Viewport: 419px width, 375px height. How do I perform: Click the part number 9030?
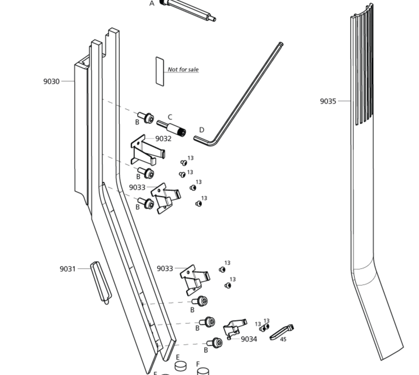click(52, 81)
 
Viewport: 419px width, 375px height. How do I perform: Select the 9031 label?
click(68, 269)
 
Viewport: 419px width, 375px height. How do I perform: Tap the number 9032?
click(163, 139)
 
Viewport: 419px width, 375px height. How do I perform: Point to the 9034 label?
click(249, 339)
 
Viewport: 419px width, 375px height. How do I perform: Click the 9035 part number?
click(328, 101)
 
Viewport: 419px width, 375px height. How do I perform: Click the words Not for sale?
click(183, 69)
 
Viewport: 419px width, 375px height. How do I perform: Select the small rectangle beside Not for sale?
click(160, 71)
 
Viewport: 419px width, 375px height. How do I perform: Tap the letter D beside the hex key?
click(202, 130)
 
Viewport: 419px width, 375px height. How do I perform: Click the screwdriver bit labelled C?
click(172, 128)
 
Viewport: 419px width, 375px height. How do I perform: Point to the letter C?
click(170, 117)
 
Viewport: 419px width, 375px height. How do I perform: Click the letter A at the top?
click(152, 4)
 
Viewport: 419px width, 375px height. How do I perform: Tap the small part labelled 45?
click(282, 332)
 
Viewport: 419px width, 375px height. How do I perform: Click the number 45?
click(283, 339)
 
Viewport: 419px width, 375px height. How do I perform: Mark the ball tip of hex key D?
click(281, 44)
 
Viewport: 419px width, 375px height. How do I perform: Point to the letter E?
click(178, 357)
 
